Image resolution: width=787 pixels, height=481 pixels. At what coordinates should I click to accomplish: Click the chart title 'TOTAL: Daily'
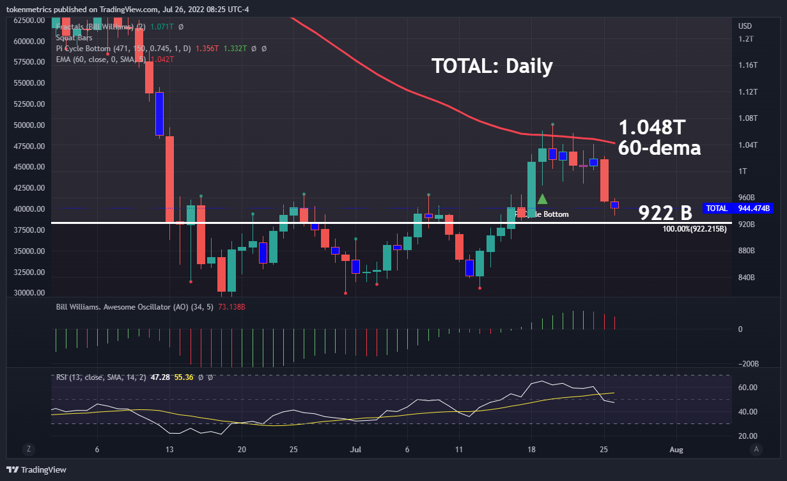492,66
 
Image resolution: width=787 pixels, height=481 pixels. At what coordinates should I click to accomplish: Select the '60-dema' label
659,148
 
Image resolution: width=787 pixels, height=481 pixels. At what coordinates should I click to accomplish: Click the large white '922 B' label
665,213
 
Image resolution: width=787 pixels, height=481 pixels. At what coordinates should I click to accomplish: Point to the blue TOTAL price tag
717,209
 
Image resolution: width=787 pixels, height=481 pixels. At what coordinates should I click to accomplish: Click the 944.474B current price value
753,209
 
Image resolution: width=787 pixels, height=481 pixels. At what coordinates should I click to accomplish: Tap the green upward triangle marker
542,199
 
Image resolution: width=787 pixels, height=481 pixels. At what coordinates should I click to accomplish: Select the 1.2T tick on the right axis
746,39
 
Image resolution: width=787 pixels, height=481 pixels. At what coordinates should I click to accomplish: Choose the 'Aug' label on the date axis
676,450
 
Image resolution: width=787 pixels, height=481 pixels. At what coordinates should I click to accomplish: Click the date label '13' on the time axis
169,450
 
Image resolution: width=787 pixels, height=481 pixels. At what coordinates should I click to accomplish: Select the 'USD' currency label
745,26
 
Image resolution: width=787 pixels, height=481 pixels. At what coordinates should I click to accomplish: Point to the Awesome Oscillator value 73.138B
232,307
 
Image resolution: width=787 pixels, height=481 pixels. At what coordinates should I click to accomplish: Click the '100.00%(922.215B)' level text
694,228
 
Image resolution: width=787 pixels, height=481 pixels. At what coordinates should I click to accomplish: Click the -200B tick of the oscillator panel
747,364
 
